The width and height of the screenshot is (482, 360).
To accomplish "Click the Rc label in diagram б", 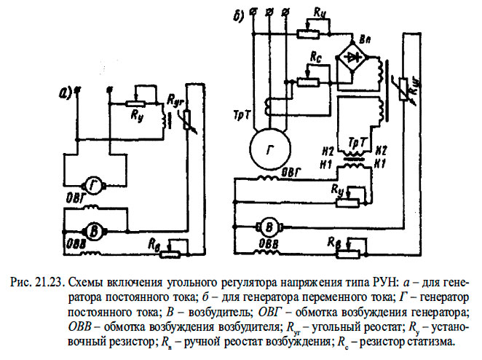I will (x=315, y=57).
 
